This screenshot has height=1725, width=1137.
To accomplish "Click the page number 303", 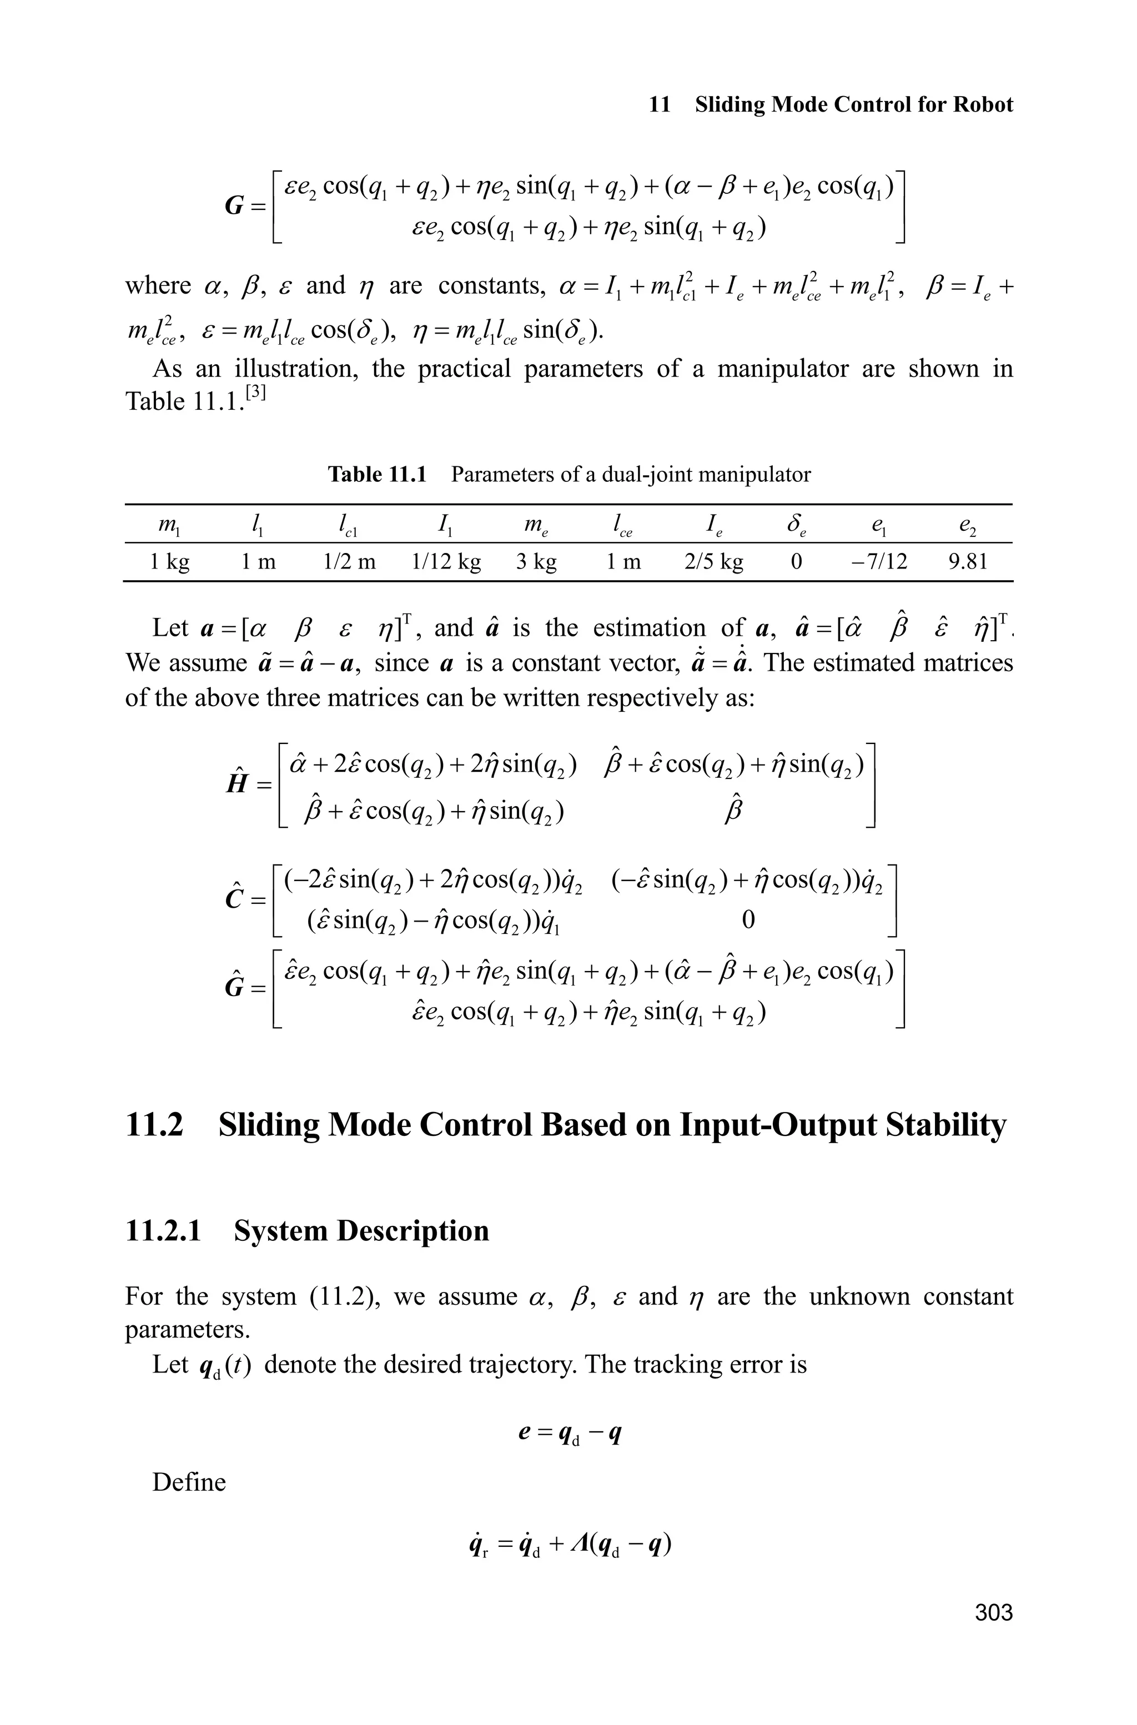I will (x=993, y=1612).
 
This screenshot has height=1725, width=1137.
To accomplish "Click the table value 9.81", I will (x=968, y=561).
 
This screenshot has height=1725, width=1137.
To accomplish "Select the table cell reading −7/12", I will (x=879, y=561).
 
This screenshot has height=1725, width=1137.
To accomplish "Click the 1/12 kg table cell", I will (x=445, y=561).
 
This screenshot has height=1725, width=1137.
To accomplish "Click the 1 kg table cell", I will (x=170, y=561).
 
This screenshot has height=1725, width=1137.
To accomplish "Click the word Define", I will (x=189, y=1481).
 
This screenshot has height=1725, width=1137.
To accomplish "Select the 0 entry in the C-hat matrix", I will (x=748, y=920).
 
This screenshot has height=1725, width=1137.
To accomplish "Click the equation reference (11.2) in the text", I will (x=340, y=1296).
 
